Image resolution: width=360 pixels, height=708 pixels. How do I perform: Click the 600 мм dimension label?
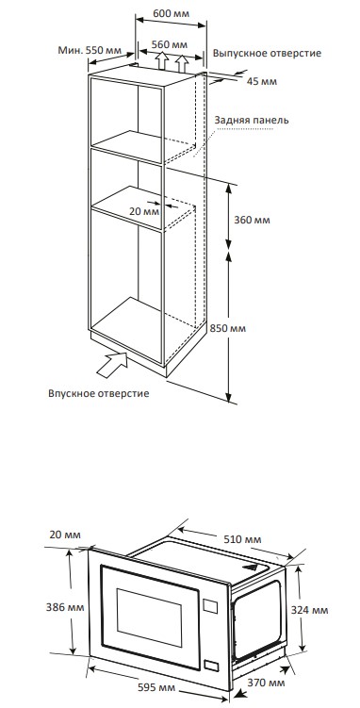pyautogui.click(x=171, y=13)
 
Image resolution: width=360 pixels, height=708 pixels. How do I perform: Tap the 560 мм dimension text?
pyautogui.click(x=170, y=44)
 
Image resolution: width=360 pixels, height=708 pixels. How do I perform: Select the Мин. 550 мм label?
pyautogui.click(x=90, y=50)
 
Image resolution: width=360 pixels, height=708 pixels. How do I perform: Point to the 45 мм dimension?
pyautogui.click(x=262, y=81)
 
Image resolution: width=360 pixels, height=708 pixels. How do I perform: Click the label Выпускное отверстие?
pyautogui.click(x=267, y=54)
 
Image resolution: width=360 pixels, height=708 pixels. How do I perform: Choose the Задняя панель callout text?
pyautogui.click(x=252, y=121)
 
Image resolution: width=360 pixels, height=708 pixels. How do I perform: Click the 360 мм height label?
pyautogui.click(x=252, y=220)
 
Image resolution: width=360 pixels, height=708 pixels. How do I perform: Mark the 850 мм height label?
pyautogui.click(x=228, y=328)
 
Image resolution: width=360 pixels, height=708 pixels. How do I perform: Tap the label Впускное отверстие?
pyautogui.click(x=99, y=393)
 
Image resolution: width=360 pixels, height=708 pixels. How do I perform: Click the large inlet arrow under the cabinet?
pyautogui.click(x=113, y=364)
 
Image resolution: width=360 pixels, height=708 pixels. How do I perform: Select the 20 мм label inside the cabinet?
pyautogui.click(x=144, y=211)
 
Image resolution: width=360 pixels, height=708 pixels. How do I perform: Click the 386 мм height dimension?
pyautogui.click(x=65, y=607)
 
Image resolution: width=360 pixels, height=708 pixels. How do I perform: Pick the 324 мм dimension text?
pyautogui.click(x=309, y=610)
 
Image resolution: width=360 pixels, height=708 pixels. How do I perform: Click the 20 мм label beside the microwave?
pyautogui.click(x=66, y=535)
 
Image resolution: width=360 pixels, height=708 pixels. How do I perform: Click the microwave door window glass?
pyautogui.click(x=149, y=617)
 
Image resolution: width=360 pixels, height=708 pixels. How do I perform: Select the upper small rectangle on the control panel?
pyautogui.click(x=210, y=605)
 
